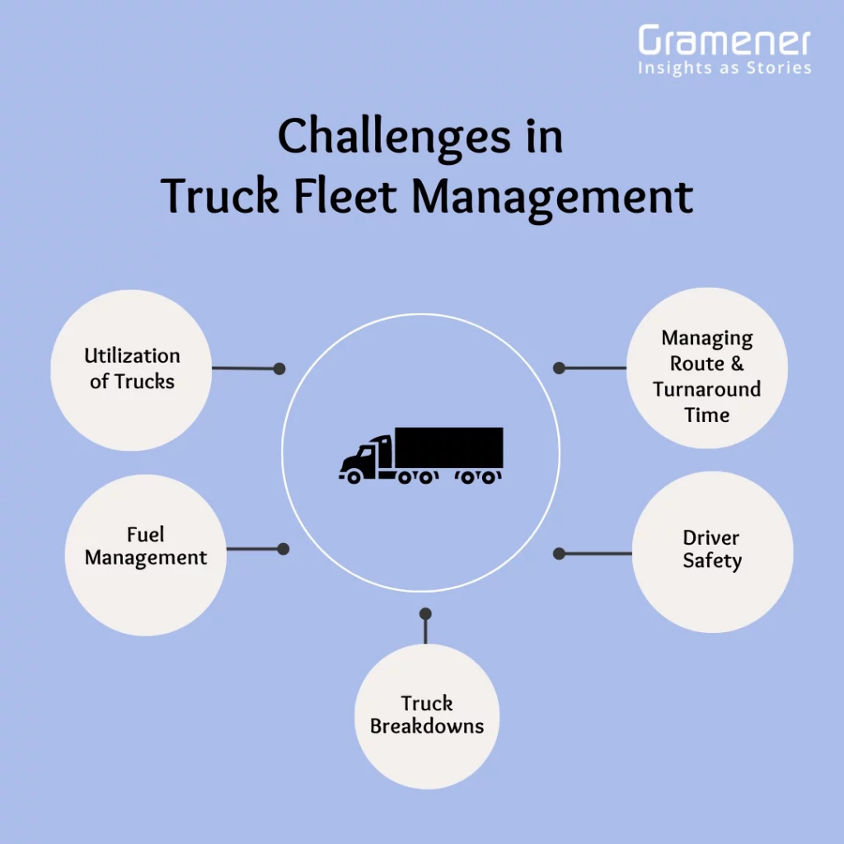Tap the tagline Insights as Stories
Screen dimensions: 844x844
(x=724, y=68)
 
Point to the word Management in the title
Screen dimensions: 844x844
(x=552, y=197)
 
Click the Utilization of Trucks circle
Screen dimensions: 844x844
(x=132, y=369)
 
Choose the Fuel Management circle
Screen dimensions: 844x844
(x=145, y=554)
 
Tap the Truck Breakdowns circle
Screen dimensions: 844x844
(x=426, y=716)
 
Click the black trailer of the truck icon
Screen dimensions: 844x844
(x=448, y=448)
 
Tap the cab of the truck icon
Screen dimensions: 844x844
(x=368, y=456)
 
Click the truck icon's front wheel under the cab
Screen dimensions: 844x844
(x=354, y=476)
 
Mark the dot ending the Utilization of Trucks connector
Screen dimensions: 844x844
(x=279, y=368)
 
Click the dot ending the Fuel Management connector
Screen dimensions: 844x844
(x=283, y=548)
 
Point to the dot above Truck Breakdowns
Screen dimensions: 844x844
(x=425, y=614)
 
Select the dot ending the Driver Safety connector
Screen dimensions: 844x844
(x=559, y=554)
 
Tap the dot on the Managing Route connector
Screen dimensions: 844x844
(x=559, y=368)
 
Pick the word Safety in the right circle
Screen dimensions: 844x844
(x=712, y=562)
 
